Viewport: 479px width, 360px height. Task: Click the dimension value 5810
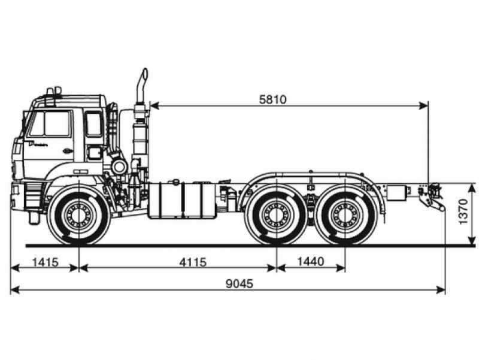[273, 100]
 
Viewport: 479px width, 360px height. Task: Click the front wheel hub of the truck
[78, 214]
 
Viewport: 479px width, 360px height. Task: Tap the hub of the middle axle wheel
[276, 214]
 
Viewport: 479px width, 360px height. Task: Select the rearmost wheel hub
[345, 214]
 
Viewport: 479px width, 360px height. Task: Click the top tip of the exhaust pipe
[144, 71]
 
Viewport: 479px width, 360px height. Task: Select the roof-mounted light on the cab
[53, 91]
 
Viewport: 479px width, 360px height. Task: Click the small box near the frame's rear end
[395, 192]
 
